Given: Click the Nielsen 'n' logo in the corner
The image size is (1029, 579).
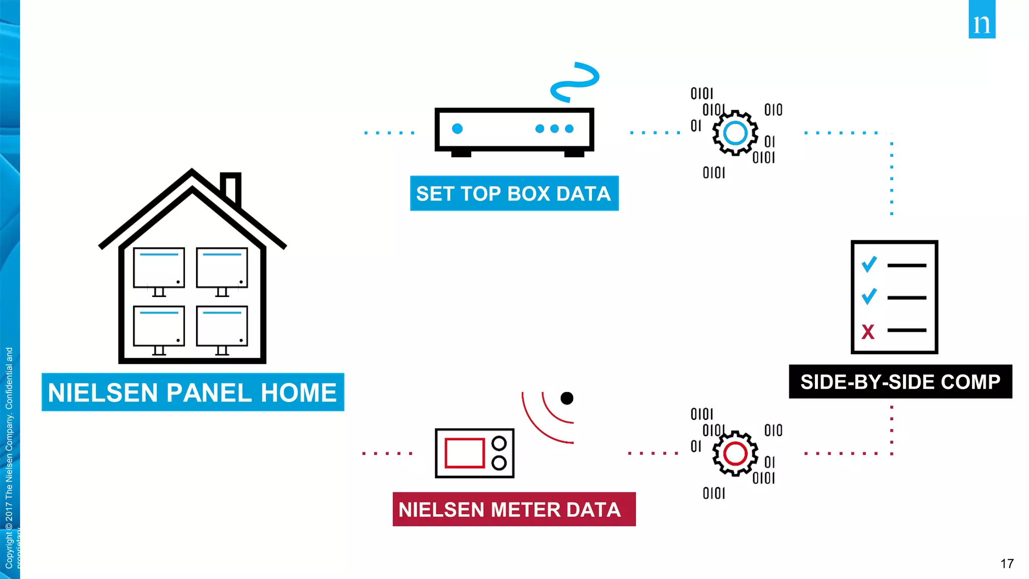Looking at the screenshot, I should (x=982, y=20).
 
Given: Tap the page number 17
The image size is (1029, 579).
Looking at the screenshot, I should (x=1007, y=563).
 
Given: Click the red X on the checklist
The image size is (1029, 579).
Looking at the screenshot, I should (x=868, y=332).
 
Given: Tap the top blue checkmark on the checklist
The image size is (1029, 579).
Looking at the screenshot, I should (x=869, y=264).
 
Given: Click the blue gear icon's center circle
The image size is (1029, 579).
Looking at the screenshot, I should (x=735, y=133).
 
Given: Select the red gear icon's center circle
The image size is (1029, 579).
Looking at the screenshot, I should (x=735, y=453).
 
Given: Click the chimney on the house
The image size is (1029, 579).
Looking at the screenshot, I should (x=231, y=188).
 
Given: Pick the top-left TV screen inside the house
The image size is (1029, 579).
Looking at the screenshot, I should (x=159, y=267).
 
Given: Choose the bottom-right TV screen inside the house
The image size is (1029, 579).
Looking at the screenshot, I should (x=222, y=326).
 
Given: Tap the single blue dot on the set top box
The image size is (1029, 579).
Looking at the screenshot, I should (x=457, y=129).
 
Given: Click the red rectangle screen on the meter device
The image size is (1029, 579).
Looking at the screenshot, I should (x=464, y=453).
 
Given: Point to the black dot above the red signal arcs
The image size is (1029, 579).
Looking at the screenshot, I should (x=567, y=398).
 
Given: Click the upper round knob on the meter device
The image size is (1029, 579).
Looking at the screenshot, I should (x=499, y=443).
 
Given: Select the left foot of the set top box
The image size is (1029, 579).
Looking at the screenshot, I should (x=461, y=154).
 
